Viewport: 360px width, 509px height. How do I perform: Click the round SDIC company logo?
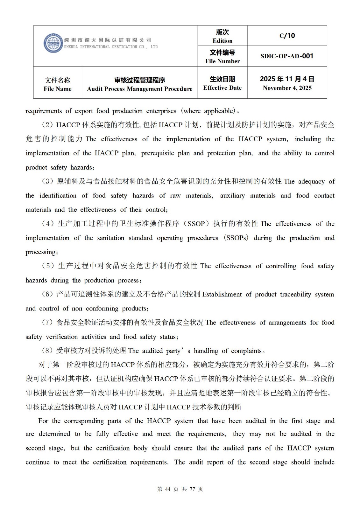[53, 44]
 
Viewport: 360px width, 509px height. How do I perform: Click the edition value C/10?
[287, 36]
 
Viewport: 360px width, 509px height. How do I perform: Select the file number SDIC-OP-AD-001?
[287, 56]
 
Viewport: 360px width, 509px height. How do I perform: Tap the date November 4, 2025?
[287, 88]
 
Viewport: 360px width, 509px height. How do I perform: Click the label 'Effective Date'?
[222, 88]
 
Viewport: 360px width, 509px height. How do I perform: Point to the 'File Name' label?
[58, 89]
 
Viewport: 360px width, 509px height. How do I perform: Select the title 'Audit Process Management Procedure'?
[140, 89]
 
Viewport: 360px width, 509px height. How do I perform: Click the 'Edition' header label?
[222, 41]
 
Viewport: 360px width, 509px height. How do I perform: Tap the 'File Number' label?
[222, 61]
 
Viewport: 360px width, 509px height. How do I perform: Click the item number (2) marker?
[47, 125]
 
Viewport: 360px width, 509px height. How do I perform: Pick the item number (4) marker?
[48, 224]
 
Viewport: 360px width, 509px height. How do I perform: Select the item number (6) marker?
[47, 294]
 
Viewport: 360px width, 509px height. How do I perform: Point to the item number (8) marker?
[47, 351]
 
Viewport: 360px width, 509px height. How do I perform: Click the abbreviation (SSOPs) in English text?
[236, 238]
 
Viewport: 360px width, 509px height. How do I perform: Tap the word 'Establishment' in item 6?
[222, 294]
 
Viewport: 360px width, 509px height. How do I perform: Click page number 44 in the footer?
[168, 489]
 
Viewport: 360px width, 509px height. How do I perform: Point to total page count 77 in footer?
[192, 489]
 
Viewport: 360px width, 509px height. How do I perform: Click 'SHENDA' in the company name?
[71, 47]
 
